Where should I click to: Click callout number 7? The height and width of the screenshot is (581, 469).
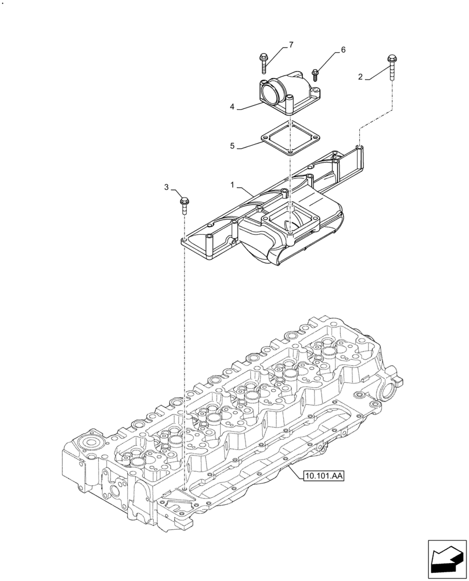click(291, 45)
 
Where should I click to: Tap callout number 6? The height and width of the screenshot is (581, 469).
click(342, 50)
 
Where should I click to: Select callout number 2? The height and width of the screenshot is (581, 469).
click(360, 77)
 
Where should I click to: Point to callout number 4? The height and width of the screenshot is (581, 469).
click(232, 107)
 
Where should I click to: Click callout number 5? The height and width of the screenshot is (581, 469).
click(232, 146)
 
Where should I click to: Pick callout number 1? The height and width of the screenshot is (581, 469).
click(232, 185)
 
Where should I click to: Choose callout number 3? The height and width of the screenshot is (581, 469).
click(167, 187)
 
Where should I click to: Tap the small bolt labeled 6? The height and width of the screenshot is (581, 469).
click(316, 75)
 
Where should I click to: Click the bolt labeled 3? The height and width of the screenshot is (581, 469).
click(183, 204)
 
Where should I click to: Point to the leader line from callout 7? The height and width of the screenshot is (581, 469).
click(278, 52)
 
